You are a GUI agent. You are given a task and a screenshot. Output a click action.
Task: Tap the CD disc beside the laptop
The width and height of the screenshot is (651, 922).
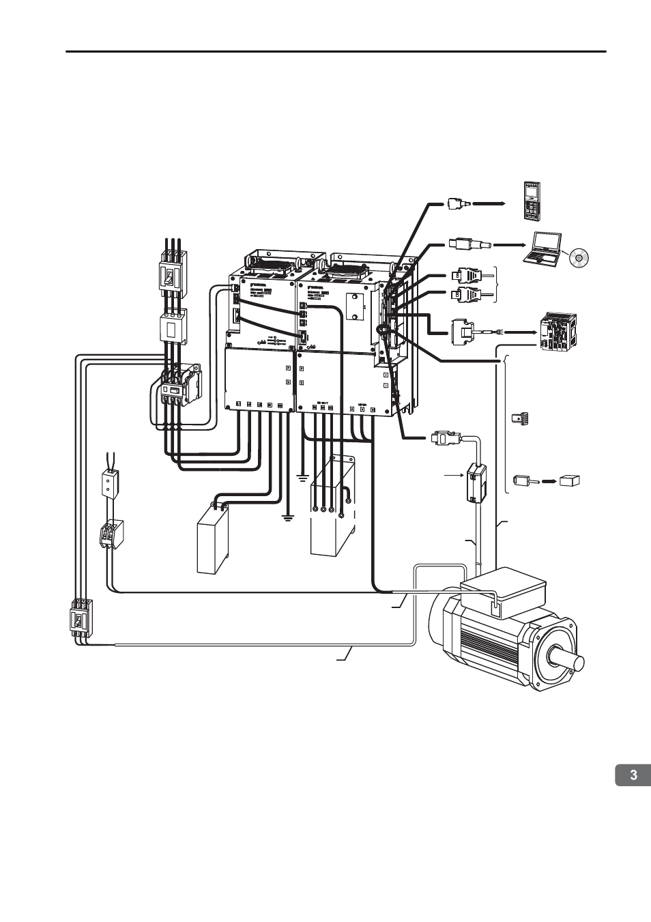point(577,258)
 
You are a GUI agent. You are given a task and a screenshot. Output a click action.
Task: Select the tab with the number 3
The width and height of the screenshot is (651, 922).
point(633,775)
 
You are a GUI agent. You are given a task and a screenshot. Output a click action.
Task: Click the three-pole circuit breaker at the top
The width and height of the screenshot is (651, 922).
point(172,274)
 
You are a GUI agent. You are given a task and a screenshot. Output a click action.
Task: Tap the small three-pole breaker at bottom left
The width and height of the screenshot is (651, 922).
point(81,619)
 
